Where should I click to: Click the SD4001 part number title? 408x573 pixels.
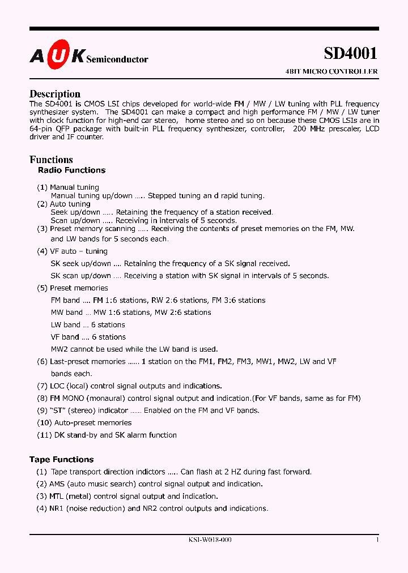pos(350,53)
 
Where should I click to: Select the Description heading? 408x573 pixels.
pos(55,94)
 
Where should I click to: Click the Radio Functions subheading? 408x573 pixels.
pos(71,170)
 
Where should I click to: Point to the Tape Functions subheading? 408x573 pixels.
pos(61,459)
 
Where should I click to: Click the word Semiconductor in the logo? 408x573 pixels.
pos(117,59)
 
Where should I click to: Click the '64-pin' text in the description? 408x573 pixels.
pos(41,129)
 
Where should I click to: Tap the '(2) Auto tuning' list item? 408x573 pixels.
pos(63,204)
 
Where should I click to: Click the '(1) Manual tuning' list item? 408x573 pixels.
pos(68,187)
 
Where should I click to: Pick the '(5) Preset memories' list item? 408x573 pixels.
pos(72,288)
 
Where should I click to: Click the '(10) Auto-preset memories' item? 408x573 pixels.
pos(84,422)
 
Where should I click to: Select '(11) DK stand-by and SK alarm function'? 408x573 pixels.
pos(107,435)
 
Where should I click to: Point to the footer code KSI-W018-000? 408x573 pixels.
pos(210,540)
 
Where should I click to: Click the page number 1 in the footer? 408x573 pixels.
pos(377,540)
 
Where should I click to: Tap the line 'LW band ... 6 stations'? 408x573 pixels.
pos(88,324)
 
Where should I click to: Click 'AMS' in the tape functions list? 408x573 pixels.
pos(57,484)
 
